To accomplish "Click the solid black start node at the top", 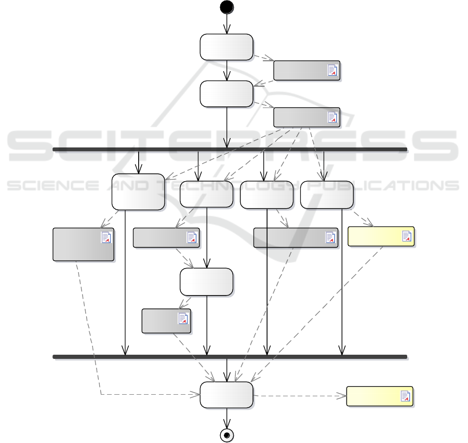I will tap(226, 7).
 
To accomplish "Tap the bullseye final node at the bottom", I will tap(226, 435).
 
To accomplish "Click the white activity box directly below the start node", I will tap(226, 47).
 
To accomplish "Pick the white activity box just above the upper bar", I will tap(226, 94).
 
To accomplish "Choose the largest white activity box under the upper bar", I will tap(138, 192).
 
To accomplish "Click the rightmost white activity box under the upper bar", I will tap(327, 195).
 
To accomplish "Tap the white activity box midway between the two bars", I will tap(206, 282).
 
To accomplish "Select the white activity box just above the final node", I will tap(226, 396).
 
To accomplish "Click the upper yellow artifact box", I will tap(380, 236).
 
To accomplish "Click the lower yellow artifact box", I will tap(379, 396).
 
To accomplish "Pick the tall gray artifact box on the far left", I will tap(83, 244).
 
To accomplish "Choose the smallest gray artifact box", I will tap(166, 320).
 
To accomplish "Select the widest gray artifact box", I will tap(295, 237).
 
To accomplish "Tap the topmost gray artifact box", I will tap(306, 70).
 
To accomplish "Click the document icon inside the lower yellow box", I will tap(406, 396).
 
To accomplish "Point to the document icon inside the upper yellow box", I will tap(407, 237).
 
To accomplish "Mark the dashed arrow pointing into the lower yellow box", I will tap(301, 396).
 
